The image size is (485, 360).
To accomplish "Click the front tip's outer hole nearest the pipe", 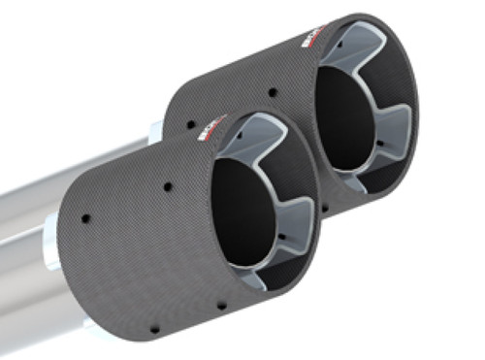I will click(85, 218).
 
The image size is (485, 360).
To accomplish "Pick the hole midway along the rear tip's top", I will click(274, 94).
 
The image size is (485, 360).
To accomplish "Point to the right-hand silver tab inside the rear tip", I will click(395, 127).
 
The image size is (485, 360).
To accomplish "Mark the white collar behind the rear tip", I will click(155, 130).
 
